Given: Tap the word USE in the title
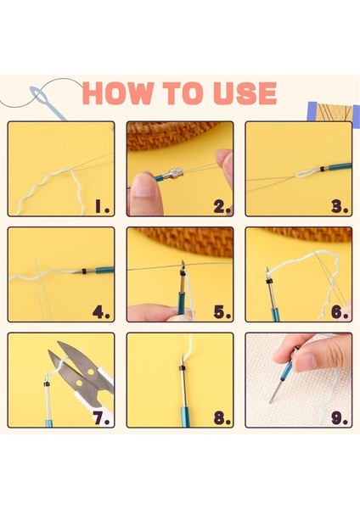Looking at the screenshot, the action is point(245,93).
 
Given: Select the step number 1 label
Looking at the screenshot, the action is point(103,206).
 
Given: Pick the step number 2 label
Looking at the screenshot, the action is point(222,206).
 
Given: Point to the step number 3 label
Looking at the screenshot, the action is point(340,206).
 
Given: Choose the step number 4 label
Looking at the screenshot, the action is point(101,312).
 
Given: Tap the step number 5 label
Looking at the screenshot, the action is point(222,312).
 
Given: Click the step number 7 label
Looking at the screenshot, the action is point(101,418).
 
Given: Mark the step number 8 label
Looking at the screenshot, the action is point(222,418).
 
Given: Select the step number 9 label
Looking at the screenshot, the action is point(340,418).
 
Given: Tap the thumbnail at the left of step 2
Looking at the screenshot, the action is point(144,187).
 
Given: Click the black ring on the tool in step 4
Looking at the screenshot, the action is point(84,271).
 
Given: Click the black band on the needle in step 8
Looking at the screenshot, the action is point(182,368).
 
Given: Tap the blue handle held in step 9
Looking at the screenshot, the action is point(287,371).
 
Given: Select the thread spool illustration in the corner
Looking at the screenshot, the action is point(334,111).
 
